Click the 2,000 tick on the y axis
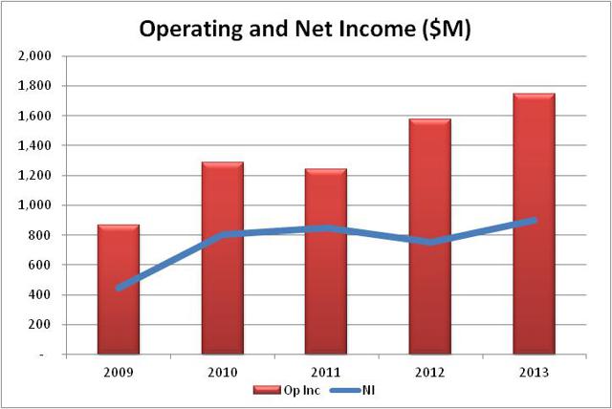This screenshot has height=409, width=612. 35,55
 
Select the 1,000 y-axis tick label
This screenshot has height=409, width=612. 35,204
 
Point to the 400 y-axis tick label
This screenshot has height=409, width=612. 41,294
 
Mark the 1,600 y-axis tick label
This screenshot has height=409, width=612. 35,116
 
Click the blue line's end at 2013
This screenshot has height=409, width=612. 533,220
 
